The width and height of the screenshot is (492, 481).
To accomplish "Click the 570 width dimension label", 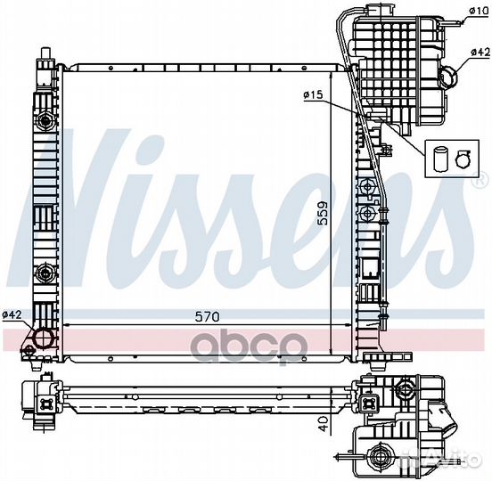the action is (207, 317).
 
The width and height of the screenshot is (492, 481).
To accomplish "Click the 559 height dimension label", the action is (322, 213).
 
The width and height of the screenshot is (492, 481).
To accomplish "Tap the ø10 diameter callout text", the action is (480, 12).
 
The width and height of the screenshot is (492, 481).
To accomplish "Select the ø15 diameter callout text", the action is (313, 94).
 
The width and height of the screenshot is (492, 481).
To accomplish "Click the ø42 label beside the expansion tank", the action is (480, 53).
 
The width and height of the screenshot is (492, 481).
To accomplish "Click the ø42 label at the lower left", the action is (12, 314).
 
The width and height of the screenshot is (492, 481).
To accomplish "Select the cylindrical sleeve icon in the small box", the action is (439, 159).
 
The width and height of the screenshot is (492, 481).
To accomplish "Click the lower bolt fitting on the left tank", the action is (45, 273).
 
